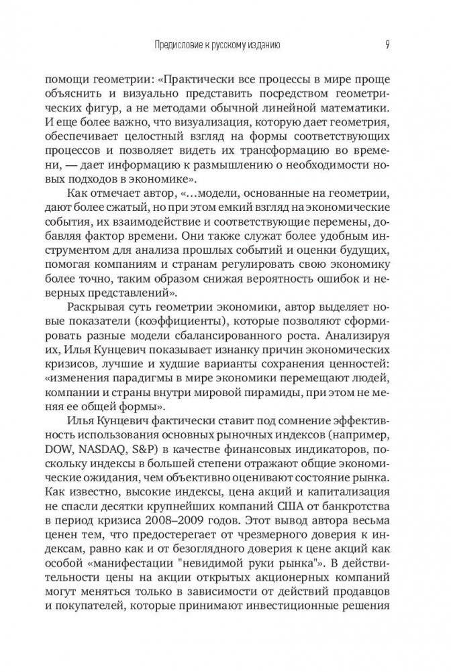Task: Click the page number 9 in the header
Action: (x=388, y=45)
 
